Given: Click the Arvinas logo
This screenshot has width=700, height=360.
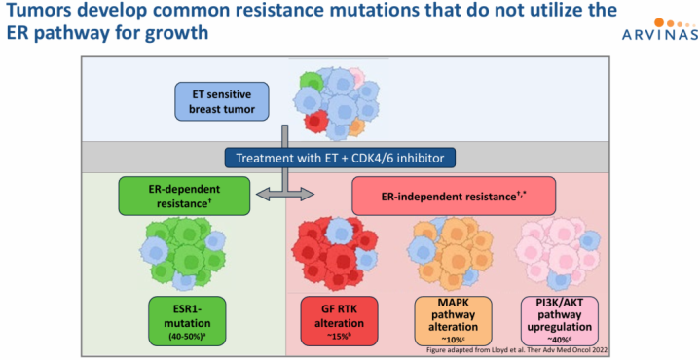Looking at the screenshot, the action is (660, 29).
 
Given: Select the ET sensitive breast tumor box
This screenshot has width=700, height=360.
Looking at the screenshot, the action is (222, 101).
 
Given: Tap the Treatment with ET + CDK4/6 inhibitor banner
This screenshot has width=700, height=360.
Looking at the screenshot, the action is (340, 158).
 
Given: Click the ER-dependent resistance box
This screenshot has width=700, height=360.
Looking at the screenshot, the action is (184, 196).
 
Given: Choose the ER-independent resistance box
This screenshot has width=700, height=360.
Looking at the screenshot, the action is (454, 196).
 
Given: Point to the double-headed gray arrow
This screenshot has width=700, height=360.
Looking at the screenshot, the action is (285, 194).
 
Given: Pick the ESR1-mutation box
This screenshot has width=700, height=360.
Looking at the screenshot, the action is (187, 321).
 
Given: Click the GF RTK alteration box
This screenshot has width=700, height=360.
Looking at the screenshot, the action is (339, 321).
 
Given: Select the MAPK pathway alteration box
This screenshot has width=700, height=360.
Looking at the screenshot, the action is (453, 321).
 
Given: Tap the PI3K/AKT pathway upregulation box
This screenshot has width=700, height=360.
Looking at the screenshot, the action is (560, 321).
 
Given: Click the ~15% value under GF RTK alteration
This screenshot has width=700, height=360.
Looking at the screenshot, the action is (339, 337).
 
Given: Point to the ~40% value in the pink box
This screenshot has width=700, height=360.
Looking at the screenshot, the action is (560, 339).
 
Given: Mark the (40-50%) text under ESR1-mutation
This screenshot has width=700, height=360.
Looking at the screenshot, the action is (187, 338).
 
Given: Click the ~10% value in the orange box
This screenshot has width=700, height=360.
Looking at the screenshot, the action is (453, 339).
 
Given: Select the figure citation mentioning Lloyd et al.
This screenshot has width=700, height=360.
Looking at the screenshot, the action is (517, 350).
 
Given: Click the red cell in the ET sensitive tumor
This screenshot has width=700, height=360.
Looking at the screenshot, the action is (315, 120).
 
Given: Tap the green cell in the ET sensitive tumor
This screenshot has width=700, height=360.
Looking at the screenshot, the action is (312, 83).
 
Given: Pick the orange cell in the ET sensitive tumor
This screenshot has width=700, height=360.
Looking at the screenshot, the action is (356, 127).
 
